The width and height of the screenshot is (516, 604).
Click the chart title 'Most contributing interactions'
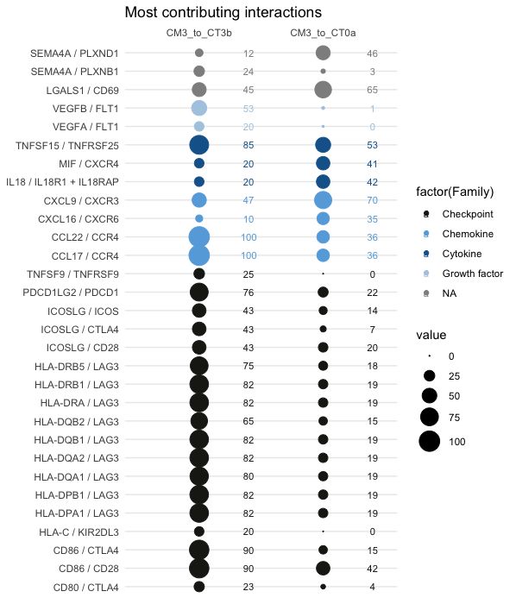223,12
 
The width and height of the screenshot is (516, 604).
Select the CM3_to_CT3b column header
198,33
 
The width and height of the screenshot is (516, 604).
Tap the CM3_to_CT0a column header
323,33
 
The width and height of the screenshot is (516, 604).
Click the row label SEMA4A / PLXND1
74,53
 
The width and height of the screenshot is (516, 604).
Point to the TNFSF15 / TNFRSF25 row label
67,146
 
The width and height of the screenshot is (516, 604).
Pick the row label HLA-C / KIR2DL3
79,532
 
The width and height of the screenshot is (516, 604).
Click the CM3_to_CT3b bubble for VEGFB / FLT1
199,108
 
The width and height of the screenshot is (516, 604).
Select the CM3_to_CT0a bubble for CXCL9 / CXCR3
323,200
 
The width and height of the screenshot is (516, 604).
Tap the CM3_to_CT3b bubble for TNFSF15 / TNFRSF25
199,145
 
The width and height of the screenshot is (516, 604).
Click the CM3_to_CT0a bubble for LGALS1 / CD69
323,90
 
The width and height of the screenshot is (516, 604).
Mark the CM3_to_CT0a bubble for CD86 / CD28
323,568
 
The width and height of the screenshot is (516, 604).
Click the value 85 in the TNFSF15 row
249,145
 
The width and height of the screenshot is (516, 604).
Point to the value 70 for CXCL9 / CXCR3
372,200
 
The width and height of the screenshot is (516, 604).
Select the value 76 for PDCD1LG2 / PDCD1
249,293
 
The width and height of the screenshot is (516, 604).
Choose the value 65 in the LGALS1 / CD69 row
372,90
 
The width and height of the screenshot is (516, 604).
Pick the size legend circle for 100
430,442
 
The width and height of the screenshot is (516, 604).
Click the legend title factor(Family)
455,192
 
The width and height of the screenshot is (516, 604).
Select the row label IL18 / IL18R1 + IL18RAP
62,182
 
